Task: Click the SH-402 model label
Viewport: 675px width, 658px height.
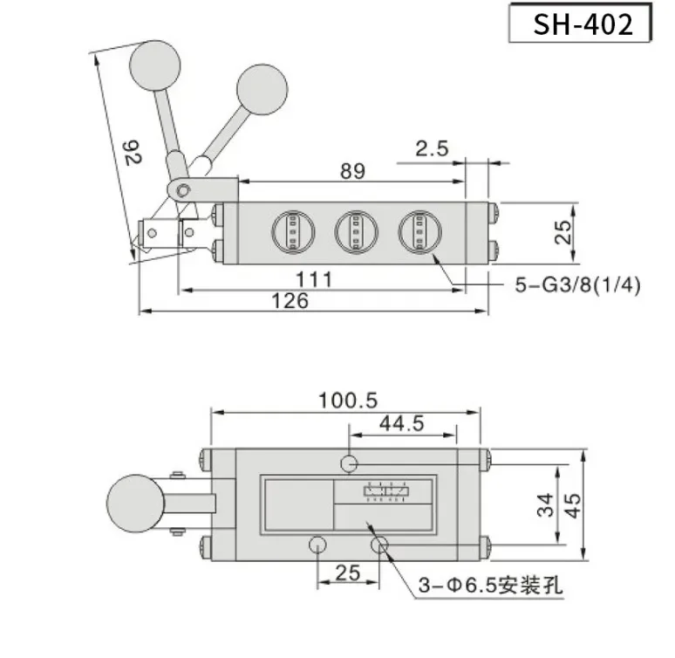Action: tap(583, 24)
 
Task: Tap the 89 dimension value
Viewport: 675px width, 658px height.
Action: tap(352, 171)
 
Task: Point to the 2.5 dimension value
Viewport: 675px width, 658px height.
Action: tap(432, 148)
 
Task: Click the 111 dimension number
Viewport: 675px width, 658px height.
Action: tap(314, 279)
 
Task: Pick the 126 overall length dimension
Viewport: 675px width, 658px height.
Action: tap(290, 300)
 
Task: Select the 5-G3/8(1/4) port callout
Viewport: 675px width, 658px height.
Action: tap(577, 284)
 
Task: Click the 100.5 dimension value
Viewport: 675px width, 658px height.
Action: tap(348, 401)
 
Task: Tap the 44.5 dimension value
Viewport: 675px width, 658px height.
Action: tap(402, 423)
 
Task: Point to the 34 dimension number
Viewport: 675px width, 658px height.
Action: tap(545, 504)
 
